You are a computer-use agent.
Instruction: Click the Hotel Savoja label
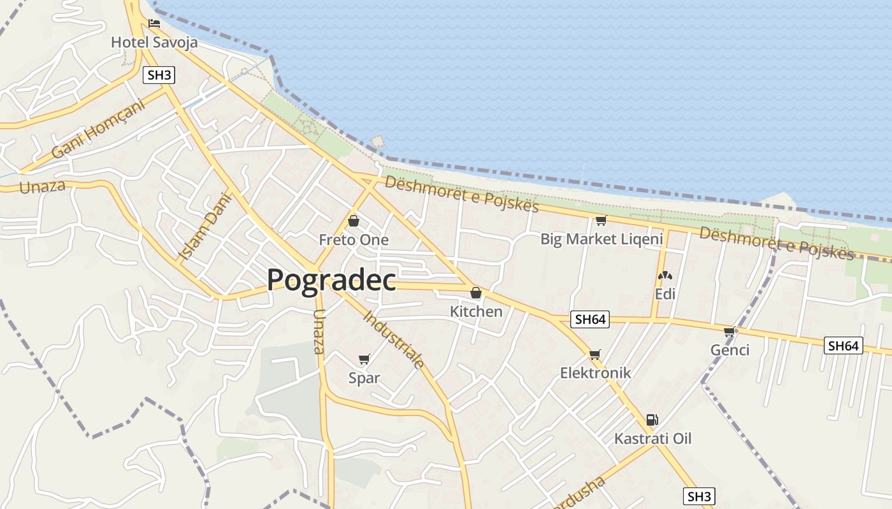coord(154,43)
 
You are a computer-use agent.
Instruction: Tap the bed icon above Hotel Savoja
coord(154,24)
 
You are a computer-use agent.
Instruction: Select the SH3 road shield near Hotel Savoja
coord(159,75)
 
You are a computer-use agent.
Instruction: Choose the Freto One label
coord(354,240)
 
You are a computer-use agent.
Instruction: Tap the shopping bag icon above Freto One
coord(354,221)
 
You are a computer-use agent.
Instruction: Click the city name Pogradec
coord(331,280)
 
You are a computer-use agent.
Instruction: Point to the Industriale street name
coord(394,340)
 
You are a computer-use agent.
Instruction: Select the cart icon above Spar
coord(364,359)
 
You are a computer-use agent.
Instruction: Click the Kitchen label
coord(476,312)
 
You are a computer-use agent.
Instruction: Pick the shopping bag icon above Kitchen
coord(476,293)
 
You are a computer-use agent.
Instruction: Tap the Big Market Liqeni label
coord(601,239)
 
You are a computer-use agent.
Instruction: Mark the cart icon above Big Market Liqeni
coord(601,221)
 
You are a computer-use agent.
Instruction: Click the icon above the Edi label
coord(665,276)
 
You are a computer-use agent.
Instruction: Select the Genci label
coord(730,350)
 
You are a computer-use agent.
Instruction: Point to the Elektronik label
coord(595,373)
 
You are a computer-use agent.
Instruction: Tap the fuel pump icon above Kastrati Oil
coord(652,420)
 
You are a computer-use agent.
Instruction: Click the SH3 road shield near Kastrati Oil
coord(698,496)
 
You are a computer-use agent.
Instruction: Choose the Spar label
coord(364,378)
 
